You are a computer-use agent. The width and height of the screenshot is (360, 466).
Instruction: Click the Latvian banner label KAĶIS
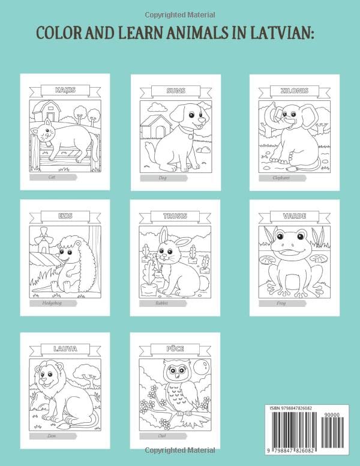[65, 90]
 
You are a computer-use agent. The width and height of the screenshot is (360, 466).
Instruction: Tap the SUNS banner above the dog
[176, 90]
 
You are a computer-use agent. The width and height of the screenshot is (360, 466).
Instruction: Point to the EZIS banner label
[65, 215]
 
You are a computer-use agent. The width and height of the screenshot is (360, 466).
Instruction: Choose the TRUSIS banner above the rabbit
[176, 215]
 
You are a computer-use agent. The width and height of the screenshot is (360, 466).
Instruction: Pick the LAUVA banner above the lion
[65, 347]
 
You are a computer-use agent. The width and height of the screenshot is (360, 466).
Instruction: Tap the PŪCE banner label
[176, 347]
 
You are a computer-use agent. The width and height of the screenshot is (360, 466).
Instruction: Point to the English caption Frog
[281, 303]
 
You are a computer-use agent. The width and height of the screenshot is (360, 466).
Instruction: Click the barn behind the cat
[47, 113]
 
